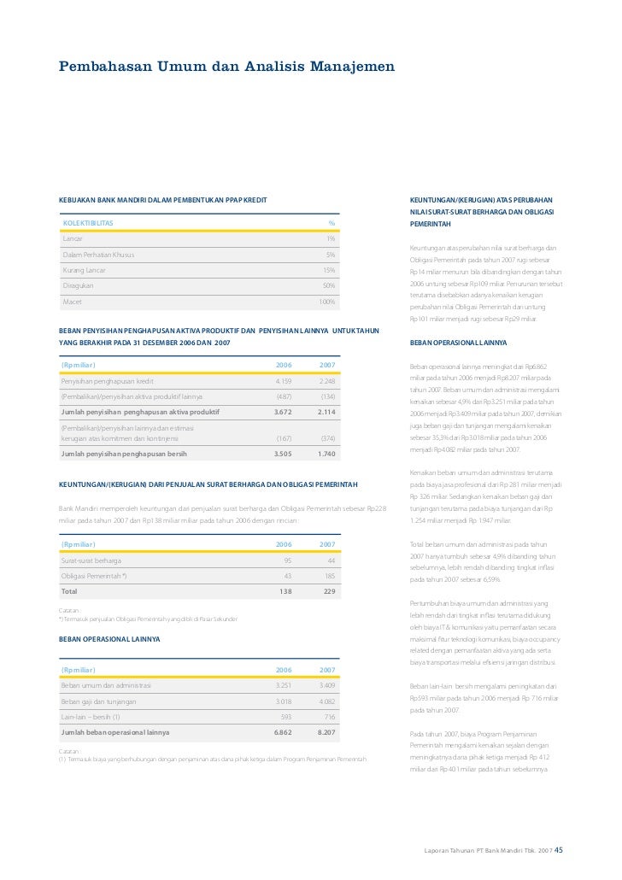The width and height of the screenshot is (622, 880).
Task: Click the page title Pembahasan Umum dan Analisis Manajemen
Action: (x=226, y=66)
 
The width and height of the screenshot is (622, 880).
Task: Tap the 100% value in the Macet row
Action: (x=326, y=302)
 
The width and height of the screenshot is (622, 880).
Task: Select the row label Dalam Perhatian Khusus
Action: (x=98, y=255)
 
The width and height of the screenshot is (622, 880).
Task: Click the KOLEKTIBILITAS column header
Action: (x=88, y=224)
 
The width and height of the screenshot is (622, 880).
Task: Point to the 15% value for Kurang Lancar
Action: (x=329, y=270)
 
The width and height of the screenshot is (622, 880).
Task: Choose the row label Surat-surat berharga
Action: (x=91, y=560)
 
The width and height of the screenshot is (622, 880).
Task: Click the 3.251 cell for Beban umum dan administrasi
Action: (x=284, y=685)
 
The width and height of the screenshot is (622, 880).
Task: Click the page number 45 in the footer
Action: (x=559, y=851)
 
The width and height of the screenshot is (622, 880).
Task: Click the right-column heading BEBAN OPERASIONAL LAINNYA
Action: (x=458, y=343)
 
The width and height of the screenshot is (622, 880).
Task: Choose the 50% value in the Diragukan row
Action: (x=329, y=285)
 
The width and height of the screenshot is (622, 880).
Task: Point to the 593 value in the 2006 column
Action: (x=285, y=717)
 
